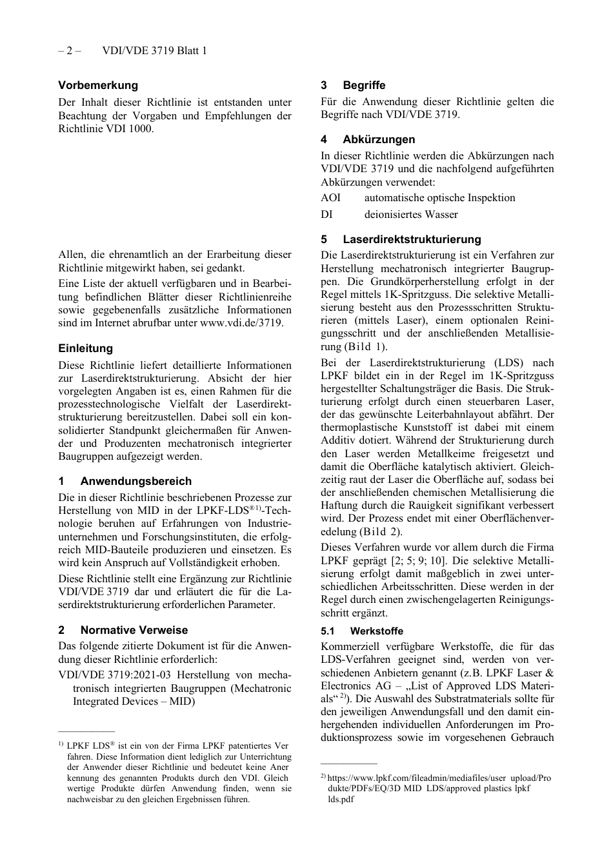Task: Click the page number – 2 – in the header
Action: (69, 50)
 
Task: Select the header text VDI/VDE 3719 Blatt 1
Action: (154, 50)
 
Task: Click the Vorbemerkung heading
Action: (98, 85)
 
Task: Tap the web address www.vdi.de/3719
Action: (241, 323)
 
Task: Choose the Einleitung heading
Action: (85, 348)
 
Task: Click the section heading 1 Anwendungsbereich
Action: (125, 481)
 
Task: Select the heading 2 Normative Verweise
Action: (123, 630)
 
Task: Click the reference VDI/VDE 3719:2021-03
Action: (114, 675)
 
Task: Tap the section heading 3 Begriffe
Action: (353, 85)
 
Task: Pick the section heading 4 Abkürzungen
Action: (368, 139)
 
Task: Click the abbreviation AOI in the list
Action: (330, 198)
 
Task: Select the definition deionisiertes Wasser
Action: (411, 215)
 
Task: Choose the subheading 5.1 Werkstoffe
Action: (362, 631)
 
